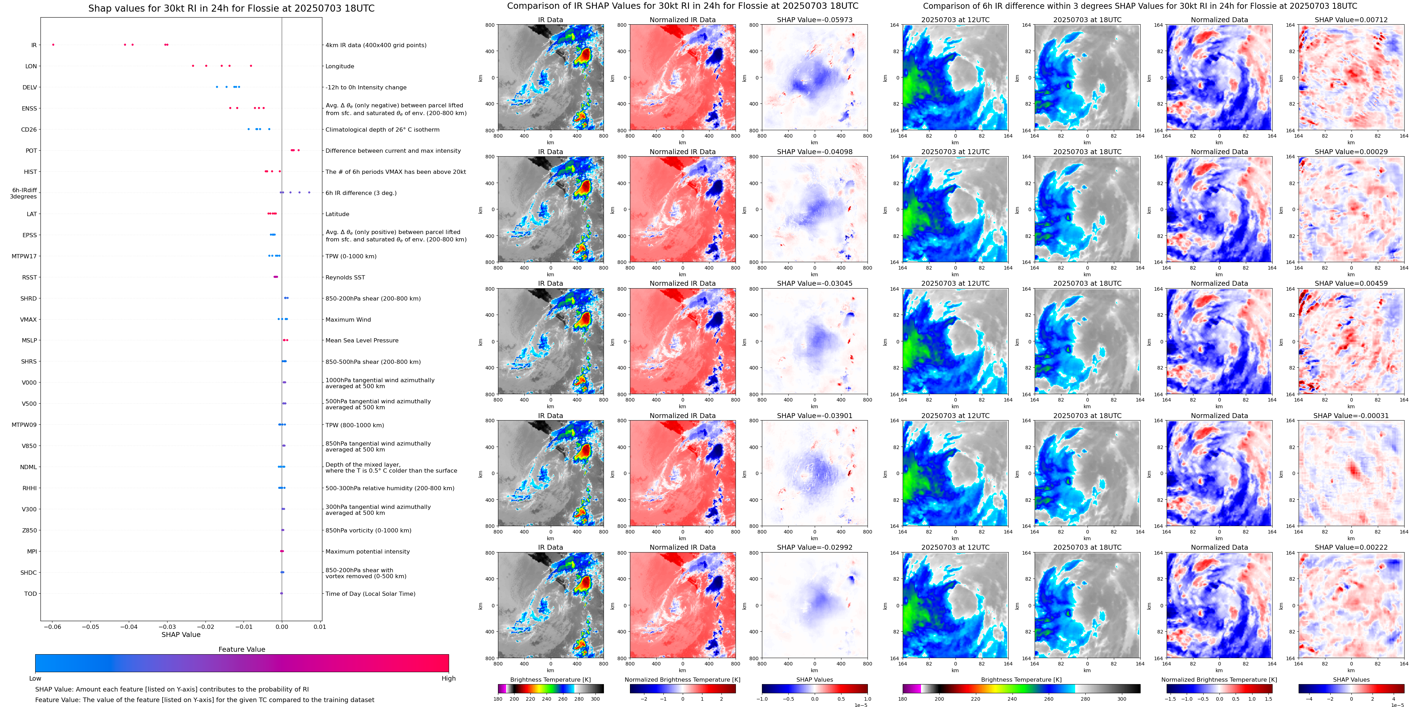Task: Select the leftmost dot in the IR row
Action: tap(53, 44)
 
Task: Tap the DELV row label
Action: tap(30, 87)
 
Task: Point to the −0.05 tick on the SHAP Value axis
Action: tap(90, 627)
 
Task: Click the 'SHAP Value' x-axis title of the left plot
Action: tap(181, 635)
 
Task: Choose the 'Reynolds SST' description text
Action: tap(345, 278)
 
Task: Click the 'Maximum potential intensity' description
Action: tap(367, 552)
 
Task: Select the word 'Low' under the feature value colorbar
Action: tap(35, 678)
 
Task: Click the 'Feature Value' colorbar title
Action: tap(241, 649)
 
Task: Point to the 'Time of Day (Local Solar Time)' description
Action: tap(370, 594)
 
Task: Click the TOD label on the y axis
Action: tap(30, 594)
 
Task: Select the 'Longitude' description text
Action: tap(340, 67)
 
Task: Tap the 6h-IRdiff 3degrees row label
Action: tap(24, 193)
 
